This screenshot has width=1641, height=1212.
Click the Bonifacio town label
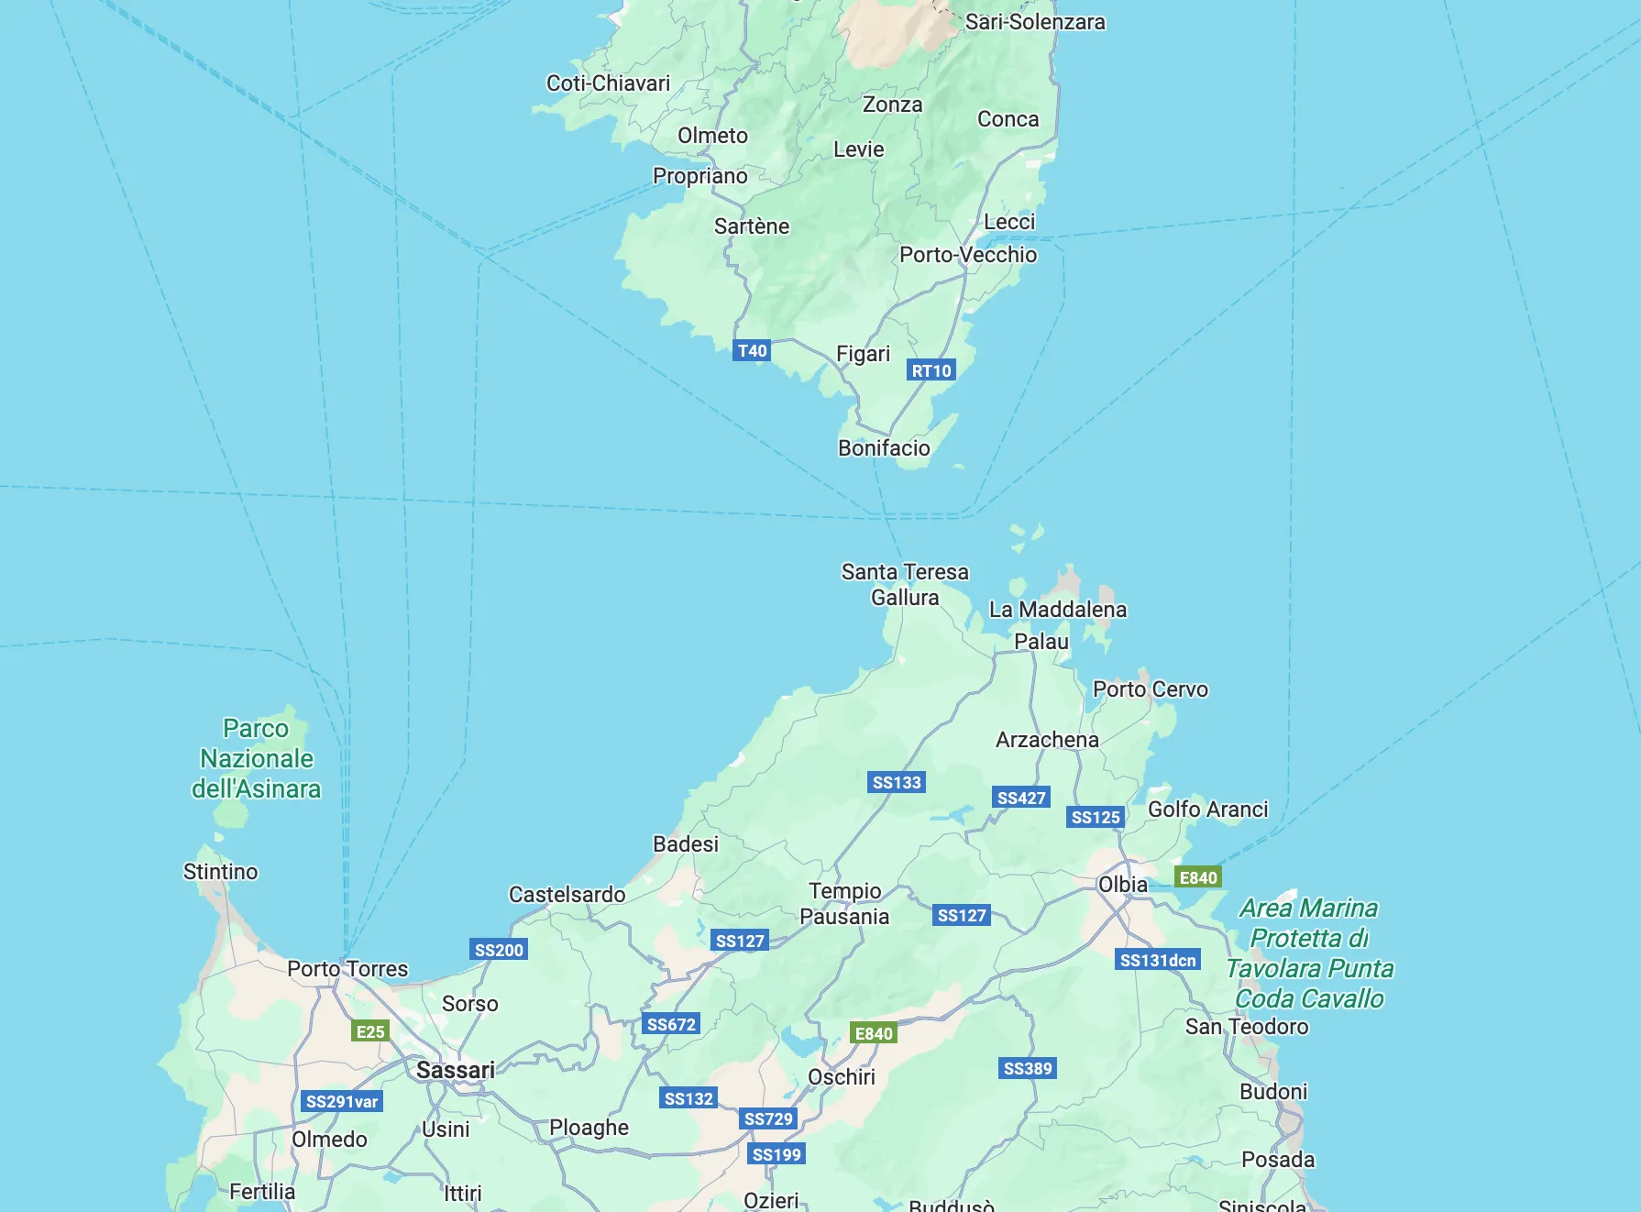(884, 448)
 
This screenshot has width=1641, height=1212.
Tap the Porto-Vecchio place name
(967, 255)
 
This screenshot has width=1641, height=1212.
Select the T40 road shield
(752, 350)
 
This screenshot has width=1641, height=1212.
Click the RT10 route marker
(931, 370)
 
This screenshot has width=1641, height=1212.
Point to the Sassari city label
(456, 1070)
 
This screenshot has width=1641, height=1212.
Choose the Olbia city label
(1122, 885)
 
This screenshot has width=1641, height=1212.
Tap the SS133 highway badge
(897, 782)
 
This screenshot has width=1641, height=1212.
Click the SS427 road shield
(1021, 798)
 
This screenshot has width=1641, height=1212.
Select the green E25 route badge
(370, 1031)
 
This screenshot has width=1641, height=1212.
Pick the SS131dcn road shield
(1158, 960)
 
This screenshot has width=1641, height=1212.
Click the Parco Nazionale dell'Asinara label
(257, 759)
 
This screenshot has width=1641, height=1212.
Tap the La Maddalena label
(1057, 610)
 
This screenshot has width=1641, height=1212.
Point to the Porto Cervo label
(1150, 689)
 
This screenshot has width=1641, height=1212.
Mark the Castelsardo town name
(567, 895)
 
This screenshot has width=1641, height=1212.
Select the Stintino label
(220, 872)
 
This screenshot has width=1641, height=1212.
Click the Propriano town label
(699, 176)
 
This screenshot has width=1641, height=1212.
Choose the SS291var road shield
(341, 1101)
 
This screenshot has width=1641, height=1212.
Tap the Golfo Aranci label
(1207, 810)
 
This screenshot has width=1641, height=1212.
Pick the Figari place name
(863, 354)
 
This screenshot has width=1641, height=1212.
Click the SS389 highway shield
(1028, 1068)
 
